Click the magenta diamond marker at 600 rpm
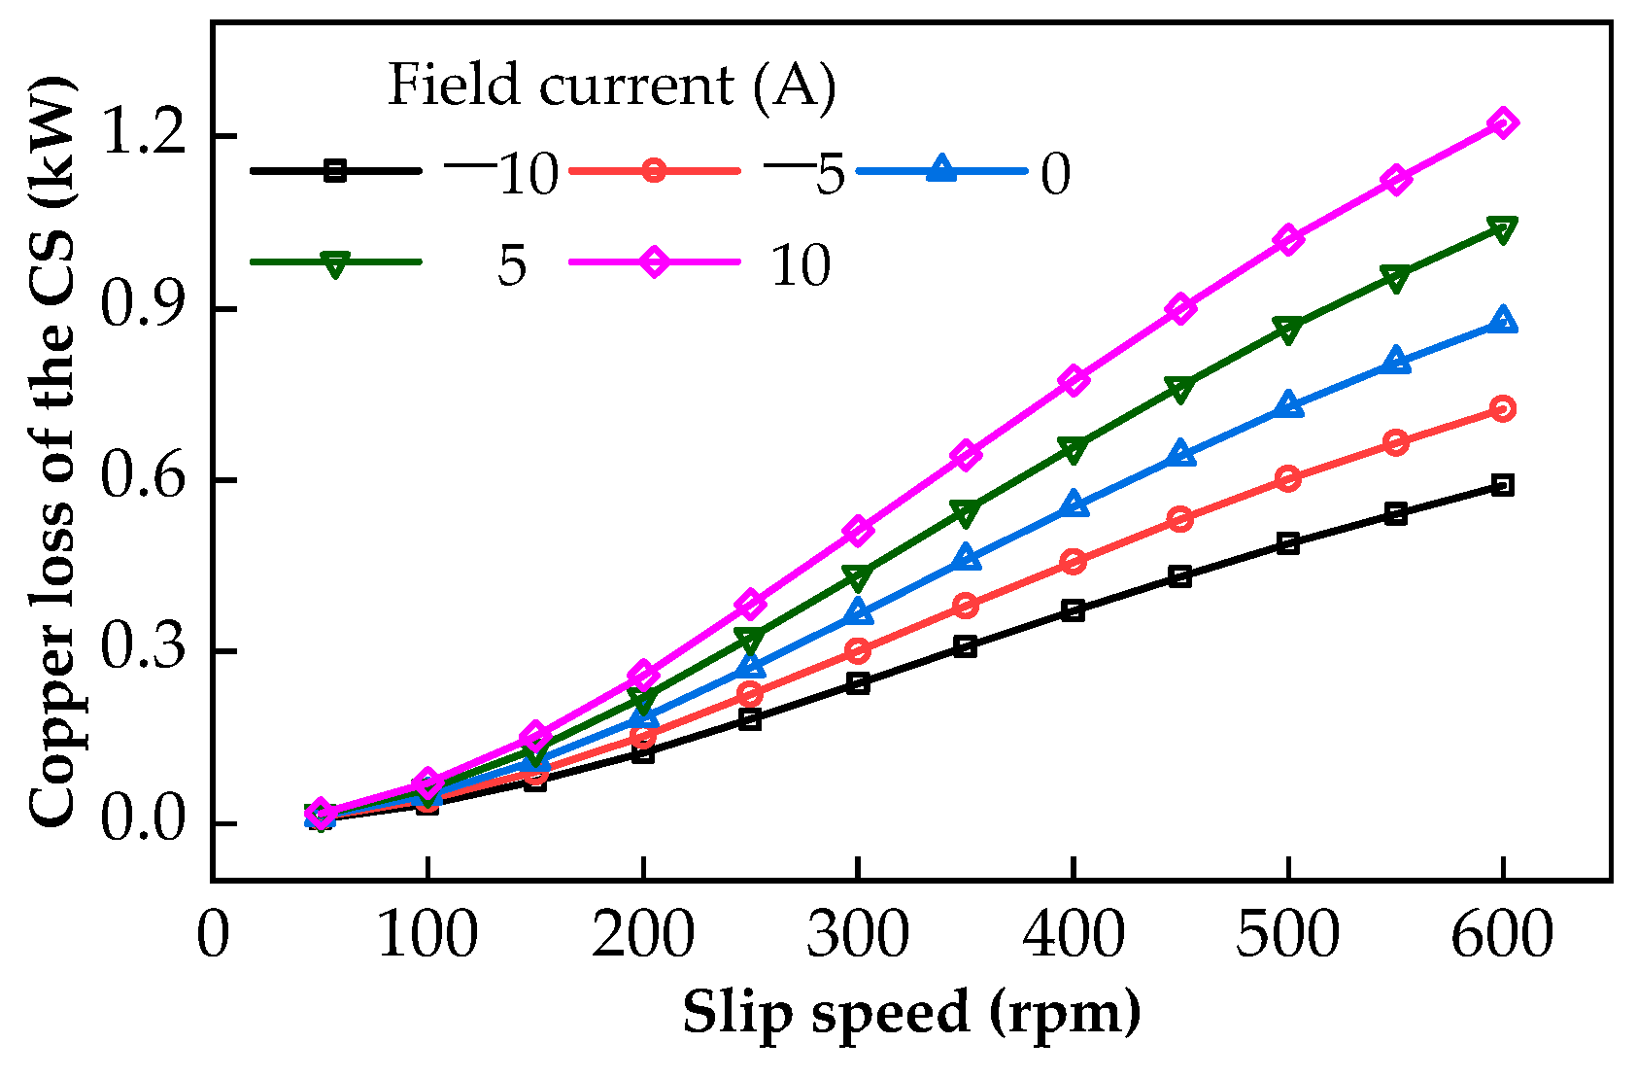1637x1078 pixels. tap(1502, 123)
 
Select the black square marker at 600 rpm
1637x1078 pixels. tap(1502, 485)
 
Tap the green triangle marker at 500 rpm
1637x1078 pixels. tap(1287, 330)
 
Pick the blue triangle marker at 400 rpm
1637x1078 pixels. tap(1073, 504)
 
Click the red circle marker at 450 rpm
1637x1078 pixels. tap(1180, 519)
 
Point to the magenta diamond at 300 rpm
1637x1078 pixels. tap(857, 531)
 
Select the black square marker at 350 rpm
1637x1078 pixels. tap(965, 646)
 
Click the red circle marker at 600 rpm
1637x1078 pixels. tap(1502, 409)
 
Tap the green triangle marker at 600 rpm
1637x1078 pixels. tap(1502, 230)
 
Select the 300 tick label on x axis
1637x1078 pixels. tap(857, 936)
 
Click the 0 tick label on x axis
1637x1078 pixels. tap(213, 936)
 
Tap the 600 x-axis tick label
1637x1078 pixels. tap(1502, 936)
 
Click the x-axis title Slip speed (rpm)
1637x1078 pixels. tap(911, 1013)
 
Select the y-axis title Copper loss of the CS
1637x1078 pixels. tap(53, 452)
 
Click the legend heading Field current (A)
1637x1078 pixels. tap(612, 86)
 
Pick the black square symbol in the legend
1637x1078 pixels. tap(335, 171)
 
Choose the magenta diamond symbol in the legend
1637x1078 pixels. tap(654, 262)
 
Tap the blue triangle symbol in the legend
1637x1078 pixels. tap(940, 171)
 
